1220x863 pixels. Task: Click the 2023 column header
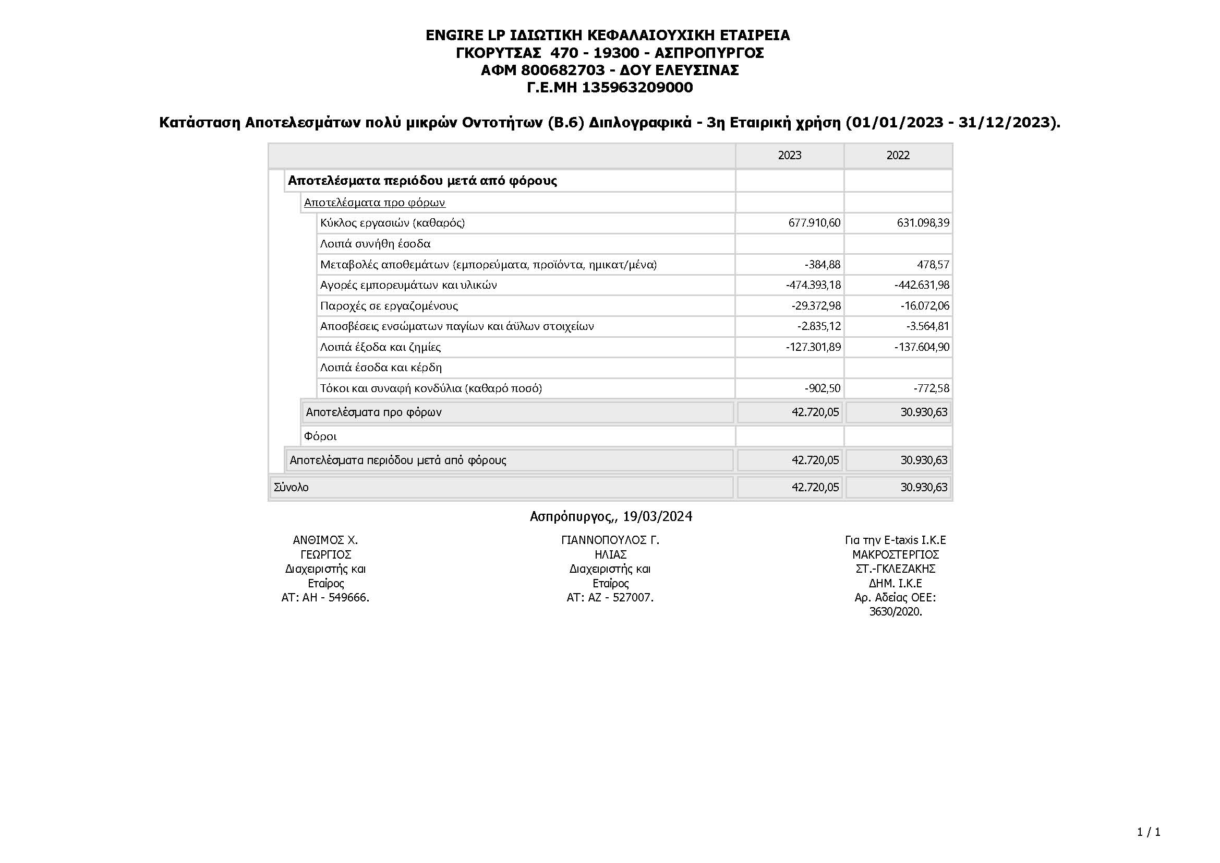(x=790, y=155)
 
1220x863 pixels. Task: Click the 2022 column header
(x=898, y=155)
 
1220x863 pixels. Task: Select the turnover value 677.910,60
(x=815, y=223)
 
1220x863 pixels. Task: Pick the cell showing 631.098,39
(x=923, y=223)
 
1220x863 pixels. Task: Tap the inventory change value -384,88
(x=823, y=264)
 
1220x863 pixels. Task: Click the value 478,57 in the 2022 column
(x=933, y=264)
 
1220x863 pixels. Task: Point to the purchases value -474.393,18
(x=814, y=285)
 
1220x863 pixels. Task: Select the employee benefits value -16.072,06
(x=925, y=306)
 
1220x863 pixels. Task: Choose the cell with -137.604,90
(x=922, y=347)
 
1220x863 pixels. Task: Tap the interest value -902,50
(x=823, y=388)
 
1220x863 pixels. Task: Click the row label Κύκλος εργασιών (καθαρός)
(x=392, y=223)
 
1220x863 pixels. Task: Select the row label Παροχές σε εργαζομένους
(x=389, y=306)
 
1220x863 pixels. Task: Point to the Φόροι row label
(x=320, y=436)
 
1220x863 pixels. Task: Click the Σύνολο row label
(x=291, y=488)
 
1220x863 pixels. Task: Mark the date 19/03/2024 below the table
(x=657, y=516)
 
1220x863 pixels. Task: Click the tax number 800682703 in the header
(x=563, y=70)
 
